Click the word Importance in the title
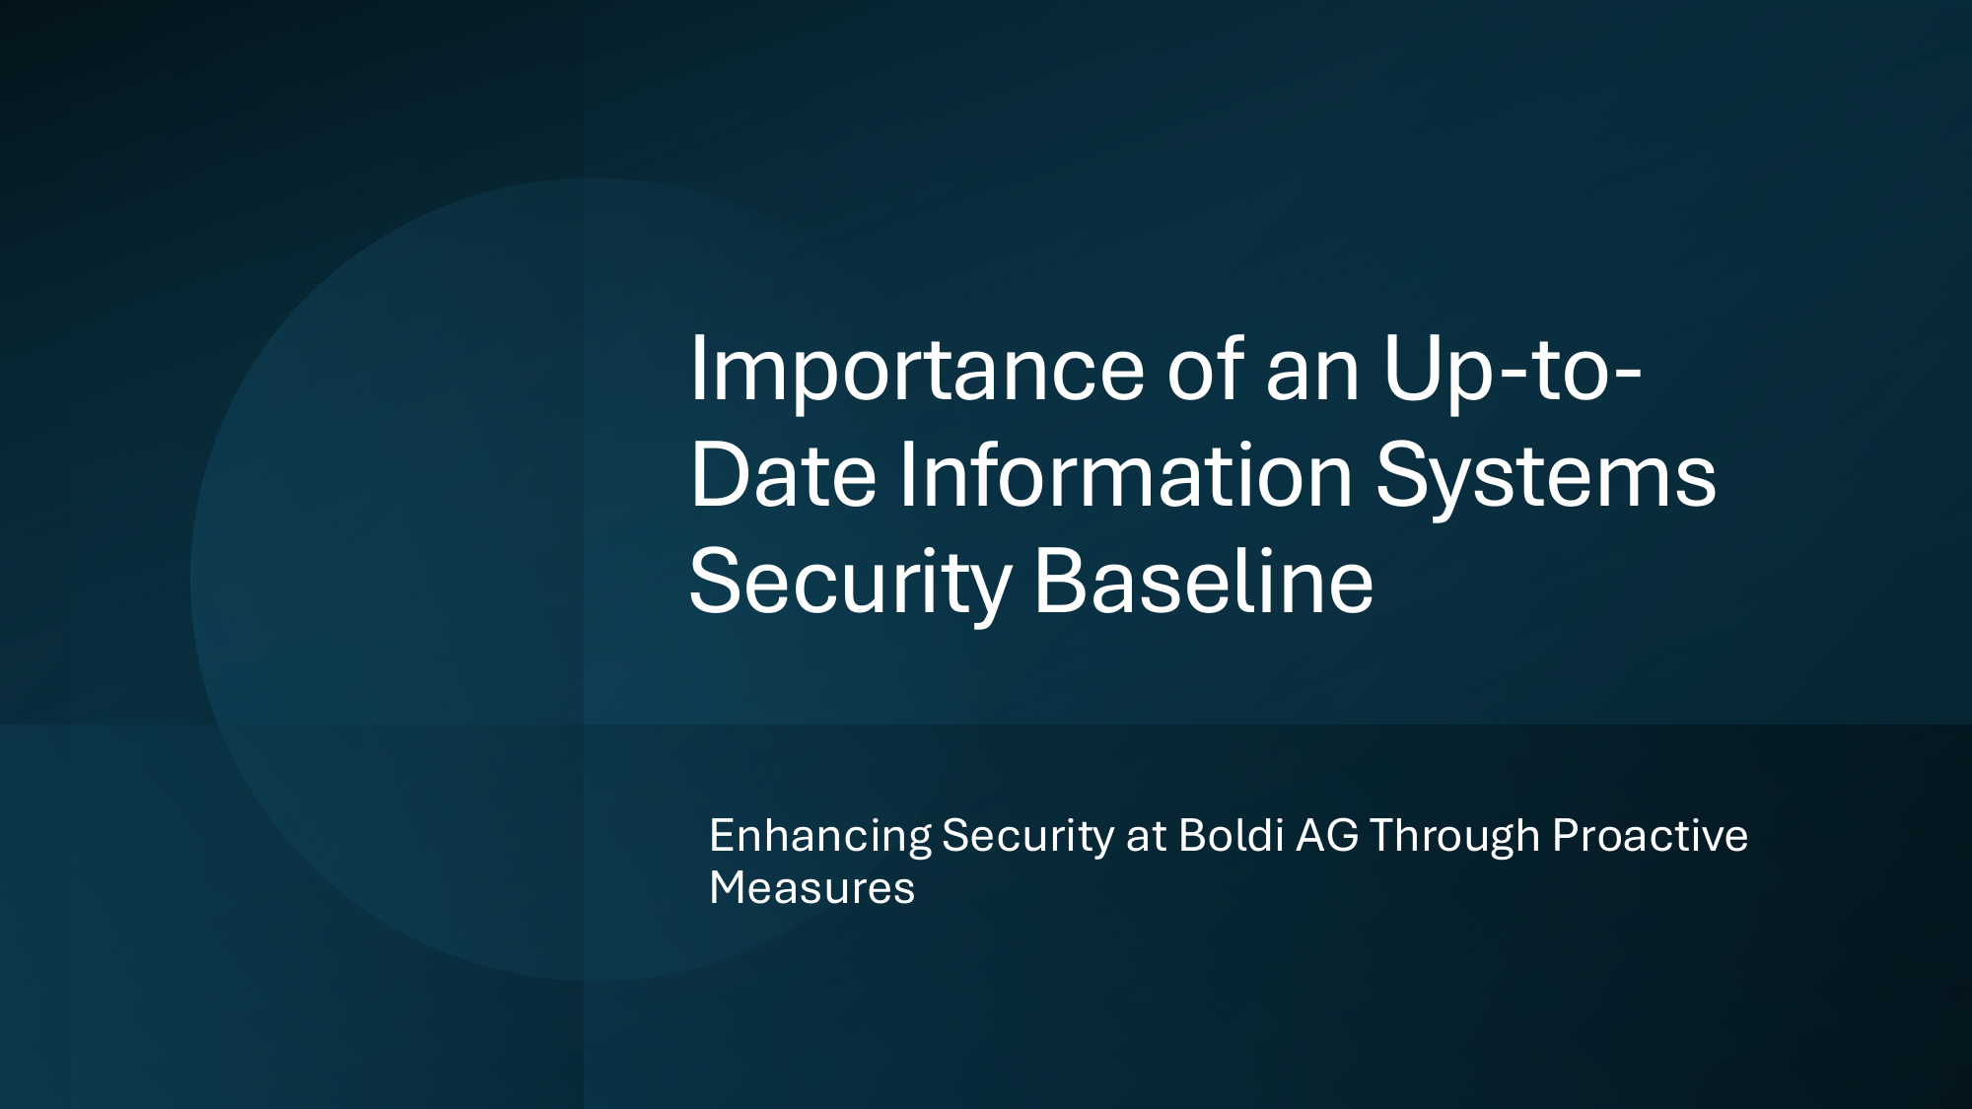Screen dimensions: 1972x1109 click(x=917, y=373)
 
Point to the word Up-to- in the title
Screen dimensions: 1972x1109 click(x=1513, y=373)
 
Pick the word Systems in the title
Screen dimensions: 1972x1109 click(x=1546, y=481)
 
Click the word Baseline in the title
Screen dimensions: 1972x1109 click(x=1204, y=580)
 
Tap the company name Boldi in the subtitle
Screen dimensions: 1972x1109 click(x=1232, y=835)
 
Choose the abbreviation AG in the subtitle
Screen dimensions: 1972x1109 click(x=1327, y=836)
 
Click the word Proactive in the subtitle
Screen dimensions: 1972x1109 click(x=1650, y=836)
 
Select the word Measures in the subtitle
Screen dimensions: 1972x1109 click(x=812, y=888)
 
